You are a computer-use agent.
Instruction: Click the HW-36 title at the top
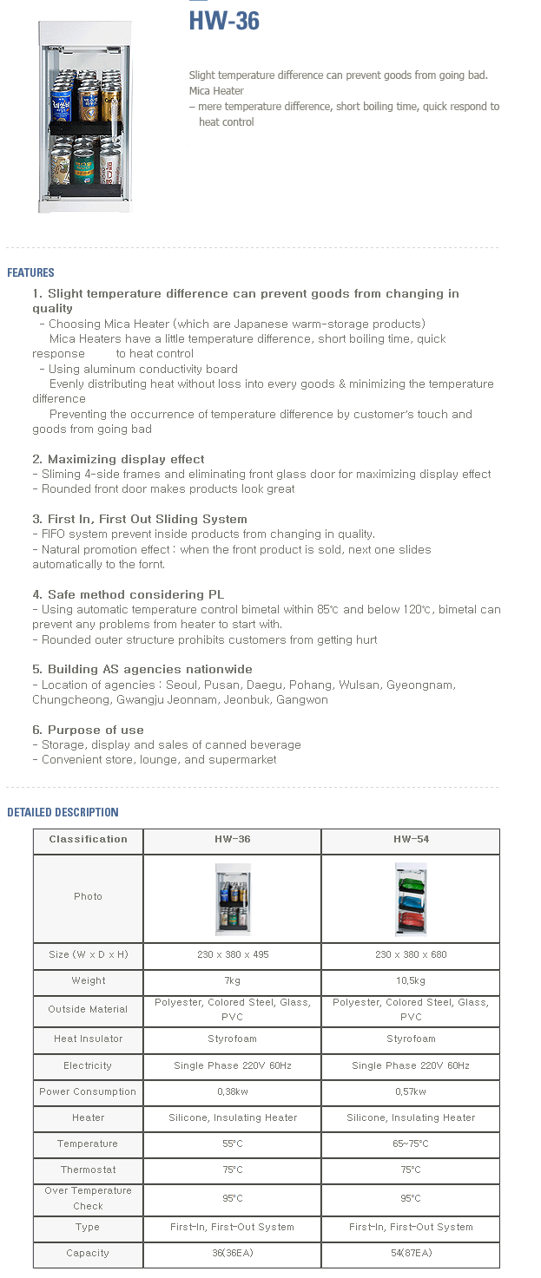224,22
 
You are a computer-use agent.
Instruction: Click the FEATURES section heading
30,272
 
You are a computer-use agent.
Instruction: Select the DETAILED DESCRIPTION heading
63,812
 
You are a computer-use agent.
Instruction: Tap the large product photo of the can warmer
84,117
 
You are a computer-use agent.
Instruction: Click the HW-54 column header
411,840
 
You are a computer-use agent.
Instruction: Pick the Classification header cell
88,840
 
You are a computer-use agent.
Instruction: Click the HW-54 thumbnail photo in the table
411,899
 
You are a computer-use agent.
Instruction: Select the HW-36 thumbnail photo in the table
232,899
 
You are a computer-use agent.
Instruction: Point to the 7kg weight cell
232,981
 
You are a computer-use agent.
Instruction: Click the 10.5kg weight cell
411,981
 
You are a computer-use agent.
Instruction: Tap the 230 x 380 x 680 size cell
411,955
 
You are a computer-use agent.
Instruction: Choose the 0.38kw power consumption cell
232,1092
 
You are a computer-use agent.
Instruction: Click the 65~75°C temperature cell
411,1144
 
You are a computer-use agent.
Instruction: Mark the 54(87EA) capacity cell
411,1254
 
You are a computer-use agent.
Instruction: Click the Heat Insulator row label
88,1039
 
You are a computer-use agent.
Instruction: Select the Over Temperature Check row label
88,1198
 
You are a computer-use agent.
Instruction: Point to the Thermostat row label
88,1170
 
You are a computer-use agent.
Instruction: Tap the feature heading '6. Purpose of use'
88,730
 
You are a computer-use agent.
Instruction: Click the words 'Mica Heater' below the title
216,91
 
